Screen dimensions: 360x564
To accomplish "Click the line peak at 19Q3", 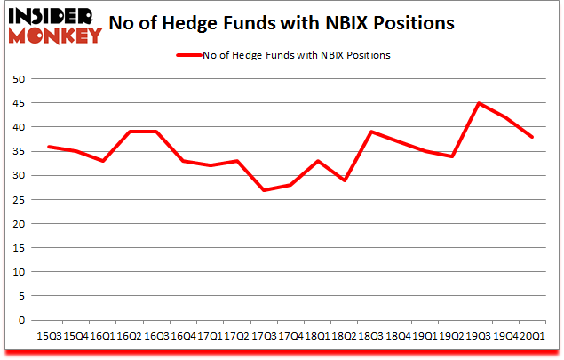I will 479,103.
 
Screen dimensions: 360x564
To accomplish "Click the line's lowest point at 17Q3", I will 265,190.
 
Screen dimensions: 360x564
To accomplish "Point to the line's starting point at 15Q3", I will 50,147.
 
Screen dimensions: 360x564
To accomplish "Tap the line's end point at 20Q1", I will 532,137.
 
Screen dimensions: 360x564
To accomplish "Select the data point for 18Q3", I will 371,132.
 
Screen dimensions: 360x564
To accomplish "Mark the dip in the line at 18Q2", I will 345,180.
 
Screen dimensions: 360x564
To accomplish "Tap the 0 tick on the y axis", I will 27,320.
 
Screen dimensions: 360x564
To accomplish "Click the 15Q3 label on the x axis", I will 50,335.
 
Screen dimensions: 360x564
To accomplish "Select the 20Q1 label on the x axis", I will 532,335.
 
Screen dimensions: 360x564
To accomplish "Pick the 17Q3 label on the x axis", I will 265,335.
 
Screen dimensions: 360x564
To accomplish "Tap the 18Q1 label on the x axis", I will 318,335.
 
